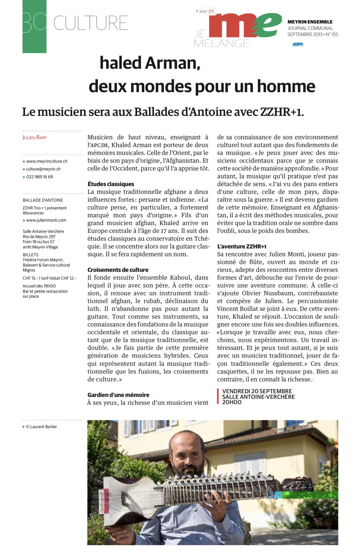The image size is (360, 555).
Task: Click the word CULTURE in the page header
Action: click(91, 23)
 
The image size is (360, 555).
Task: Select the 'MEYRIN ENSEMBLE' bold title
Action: click(310, 22)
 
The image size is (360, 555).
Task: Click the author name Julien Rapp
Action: click(34, 137)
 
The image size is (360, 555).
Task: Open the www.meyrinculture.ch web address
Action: click(47, 161)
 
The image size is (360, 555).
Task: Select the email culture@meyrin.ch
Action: click(43, 169)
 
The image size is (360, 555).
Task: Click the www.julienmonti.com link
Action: click(46, 220)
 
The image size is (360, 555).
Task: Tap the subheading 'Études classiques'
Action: click(111, 184)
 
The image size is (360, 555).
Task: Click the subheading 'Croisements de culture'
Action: click(118, 270)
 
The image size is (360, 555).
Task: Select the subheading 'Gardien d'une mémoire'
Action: click(118, 395)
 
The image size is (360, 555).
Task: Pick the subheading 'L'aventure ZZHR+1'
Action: click(242, 246)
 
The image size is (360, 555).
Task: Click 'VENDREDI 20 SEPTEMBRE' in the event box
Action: click(257, 391)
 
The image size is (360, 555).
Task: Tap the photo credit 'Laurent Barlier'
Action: click(43, 426)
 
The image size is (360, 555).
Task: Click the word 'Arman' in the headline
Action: click(172, 63)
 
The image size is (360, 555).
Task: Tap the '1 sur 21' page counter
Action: click(205, 11)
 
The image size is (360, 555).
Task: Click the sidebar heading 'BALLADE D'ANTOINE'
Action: click(43, 200)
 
